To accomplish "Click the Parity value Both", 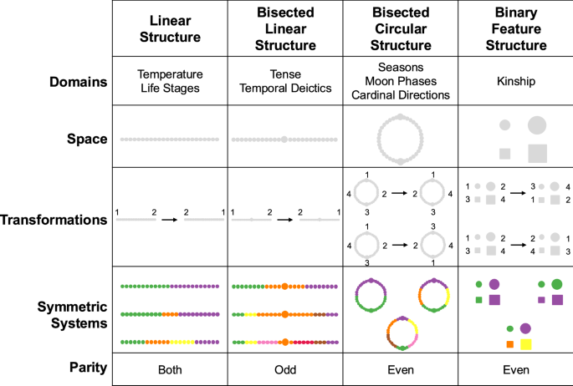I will [170, 368].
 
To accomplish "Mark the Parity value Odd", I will [285, 368].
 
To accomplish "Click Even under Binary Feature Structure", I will [515, 368].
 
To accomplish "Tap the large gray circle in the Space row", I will [536, 125].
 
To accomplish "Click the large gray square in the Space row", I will [537, 153].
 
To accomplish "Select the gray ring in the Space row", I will [401, 139].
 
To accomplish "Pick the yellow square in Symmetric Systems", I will [526, 343].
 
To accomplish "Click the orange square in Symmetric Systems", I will [509, 343].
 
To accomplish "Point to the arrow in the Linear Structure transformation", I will [170, 220].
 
